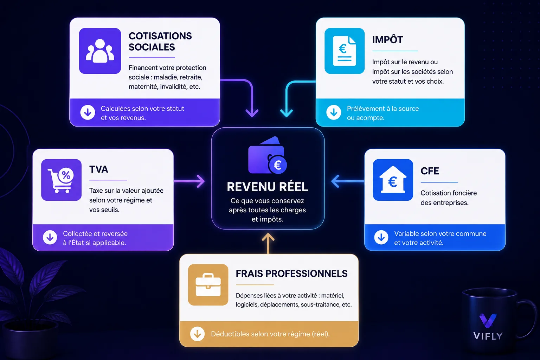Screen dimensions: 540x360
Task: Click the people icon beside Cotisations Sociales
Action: coord(100,51)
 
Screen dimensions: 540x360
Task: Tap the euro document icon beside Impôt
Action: coord(345,51)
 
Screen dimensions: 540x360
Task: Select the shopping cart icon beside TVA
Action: coord(61,180)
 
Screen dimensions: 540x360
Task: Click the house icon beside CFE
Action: coord(393,180)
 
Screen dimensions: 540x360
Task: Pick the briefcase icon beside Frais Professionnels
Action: coord(208,285)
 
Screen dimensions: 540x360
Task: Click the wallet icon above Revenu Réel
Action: coord(268,155)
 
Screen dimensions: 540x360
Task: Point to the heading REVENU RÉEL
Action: coord(267,187)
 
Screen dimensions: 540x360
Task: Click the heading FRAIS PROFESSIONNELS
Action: coord(292,274)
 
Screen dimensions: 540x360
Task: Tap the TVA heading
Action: coord(98,169)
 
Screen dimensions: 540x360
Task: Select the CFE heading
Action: coord(430,171)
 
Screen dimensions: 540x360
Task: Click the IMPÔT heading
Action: coord(387,39)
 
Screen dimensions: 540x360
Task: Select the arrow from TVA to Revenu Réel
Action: coord(189,181)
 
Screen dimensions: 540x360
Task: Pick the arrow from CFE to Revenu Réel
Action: coord(348,181)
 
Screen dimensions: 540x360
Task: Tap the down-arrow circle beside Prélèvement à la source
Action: coord(334,112)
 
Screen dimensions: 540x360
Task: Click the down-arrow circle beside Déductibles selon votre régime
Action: coord(198,334)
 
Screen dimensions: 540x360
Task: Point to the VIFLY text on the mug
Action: coord(488,336)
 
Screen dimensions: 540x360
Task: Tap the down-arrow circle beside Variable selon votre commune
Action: coord(381,238)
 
